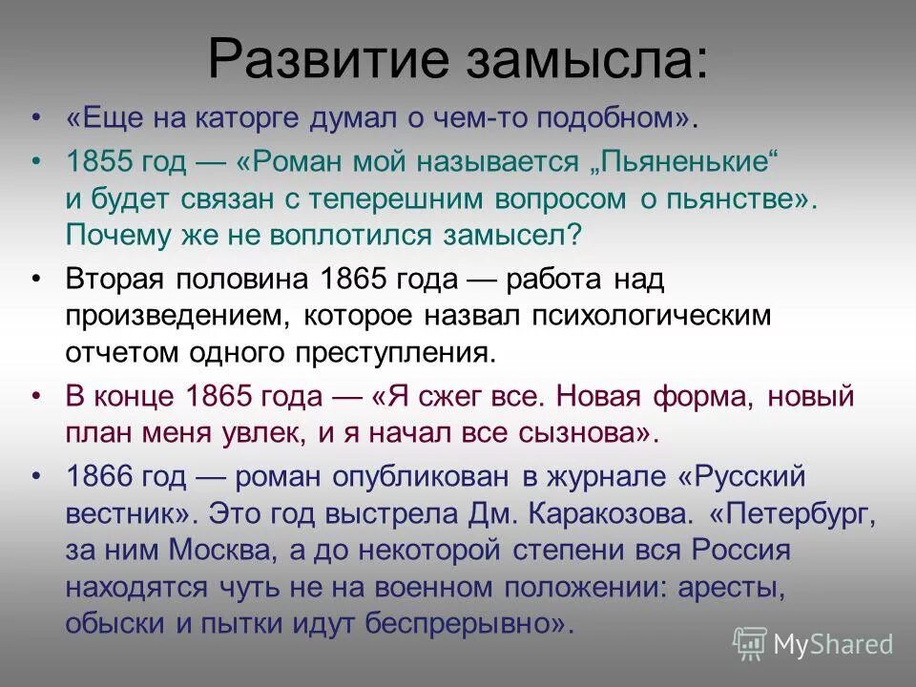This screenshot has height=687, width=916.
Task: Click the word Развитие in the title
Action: point(317,59)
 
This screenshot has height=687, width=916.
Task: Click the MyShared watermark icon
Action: point(750,642)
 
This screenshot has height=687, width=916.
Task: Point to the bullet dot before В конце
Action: point(36,395)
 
